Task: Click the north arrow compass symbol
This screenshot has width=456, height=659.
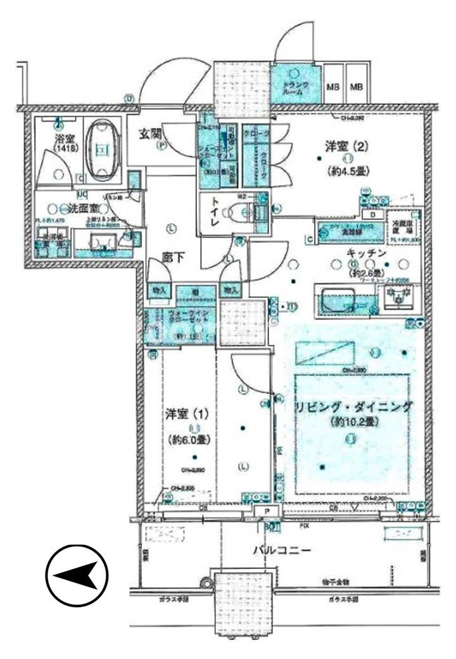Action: pyautogui.click(x=77, y=575)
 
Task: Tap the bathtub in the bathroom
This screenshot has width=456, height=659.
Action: pyautogui.click(x=101, y=151)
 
